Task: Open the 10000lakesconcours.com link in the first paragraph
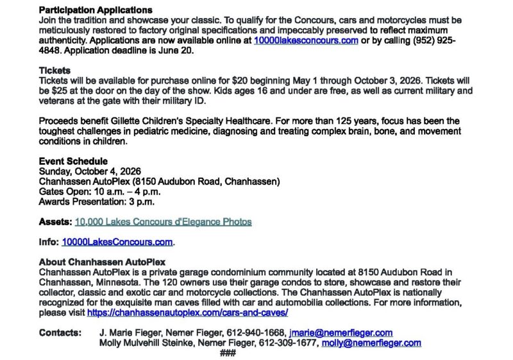click(x=306, y=40)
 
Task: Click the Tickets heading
click(x=55, y=70)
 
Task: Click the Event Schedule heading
click(x=73, y=161)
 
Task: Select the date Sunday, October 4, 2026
click(x=90, y=171)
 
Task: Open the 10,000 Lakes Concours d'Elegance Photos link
click(x=163, y=222)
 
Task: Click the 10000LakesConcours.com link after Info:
click(x=117, y=242)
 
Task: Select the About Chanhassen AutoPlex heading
click(x=102, y=262)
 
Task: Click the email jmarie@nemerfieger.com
click(x=341, y=332)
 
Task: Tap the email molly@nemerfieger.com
click(x=371, y=343)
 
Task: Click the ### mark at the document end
click(x=228, y=353)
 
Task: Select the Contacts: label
click(x=60, y=332)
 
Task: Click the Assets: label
click(x=55, y=222)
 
